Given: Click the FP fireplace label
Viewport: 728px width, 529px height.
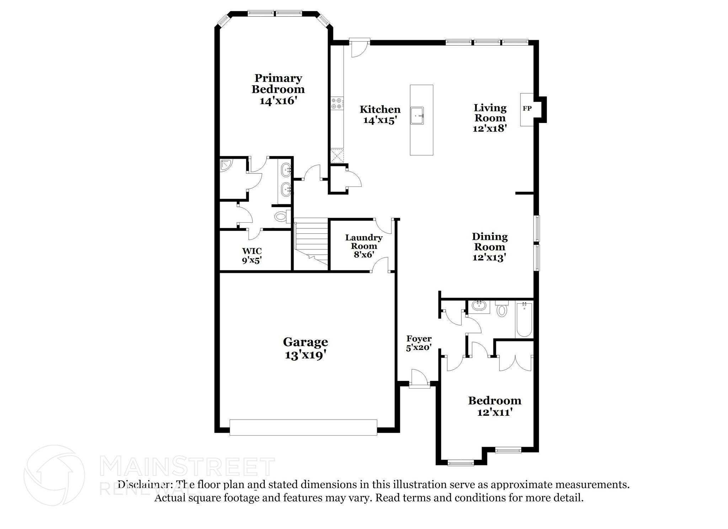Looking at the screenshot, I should tap(527, 109).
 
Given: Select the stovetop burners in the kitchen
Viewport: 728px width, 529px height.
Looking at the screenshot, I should tap(337, 103).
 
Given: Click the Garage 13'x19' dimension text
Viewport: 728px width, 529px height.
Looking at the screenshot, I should tap(305, 355).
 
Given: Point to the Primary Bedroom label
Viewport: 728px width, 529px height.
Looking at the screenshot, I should tap(278, 83).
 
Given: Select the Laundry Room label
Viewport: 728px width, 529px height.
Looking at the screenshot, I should tap(364, 242).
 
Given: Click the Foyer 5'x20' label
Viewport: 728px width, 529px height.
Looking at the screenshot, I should tap(419, 343).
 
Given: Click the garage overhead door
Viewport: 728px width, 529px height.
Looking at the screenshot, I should tap(303, 427).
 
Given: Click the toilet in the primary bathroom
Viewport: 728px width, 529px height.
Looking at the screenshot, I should tap(282, 216).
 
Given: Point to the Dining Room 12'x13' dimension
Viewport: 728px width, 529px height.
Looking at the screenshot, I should tap(489, 257).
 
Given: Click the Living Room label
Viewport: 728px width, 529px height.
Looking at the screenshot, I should tap(490, 113).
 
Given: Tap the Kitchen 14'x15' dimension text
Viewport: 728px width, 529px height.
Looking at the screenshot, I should tap(380, 120).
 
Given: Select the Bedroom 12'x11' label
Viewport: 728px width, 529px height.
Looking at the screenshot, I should tap(494, 406).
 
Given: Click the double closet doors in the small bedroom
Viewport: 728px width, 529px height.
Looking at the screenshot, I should tap(514, 363).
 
